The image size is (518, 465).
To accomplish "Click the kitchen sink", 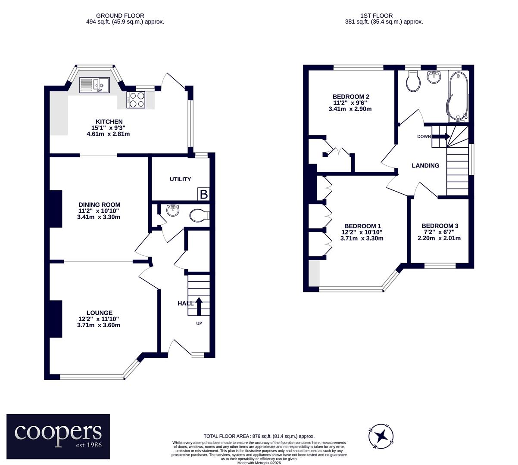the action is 94,85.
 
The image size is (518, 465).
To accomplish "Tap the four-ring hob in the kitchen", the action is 136,99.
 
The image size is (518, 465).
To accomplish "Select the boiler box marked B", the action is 203,194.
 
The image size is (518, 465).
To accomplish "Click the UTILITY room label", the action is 180,180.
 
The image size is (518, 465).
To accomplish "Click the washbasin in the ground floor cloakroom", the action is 173,210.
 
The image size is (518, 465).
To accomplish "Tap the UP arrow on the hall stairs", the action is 199,306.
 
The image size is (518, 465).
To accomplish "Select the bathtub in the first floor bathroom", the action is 458,96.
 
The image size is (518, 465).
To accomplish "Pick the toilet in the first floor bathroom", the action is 413,81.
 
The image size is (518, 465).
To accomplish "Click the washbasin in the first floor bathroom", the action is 434,77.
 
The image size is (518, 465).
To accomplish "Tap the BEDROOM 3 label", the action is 440,226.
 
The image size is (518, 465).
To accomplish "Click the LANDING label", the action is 425,166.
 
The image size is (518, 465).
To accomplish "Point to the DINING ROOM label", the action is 99,205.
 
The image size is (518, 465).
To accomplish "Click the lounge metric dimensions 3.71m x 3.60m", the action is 98,325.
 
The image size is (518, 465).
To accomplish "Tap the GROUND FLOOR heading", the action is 120,15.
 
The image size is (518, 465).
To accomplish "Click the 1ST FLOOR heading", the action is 377,15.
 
